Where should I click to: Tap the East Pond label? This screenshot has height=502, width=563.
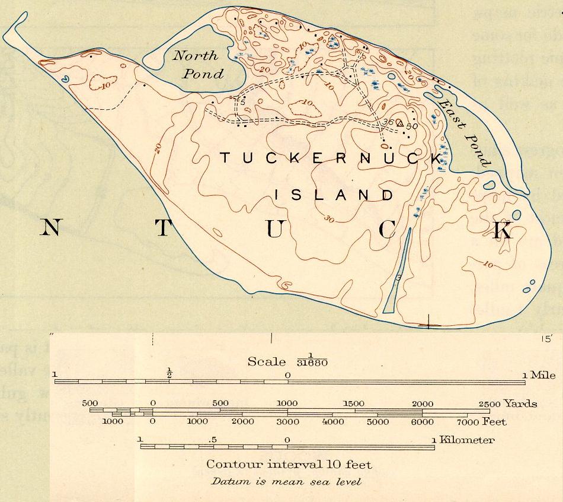point(463,132)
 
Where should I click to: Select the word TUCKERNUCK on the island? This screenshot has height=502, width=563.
point(331,158)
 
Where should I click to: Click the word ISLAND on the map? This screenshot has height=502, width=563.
point(334,195)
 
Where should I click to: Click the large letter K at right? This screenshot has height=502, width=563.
point(503,230)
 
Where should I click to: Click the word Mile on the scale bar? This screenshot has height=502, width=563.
point(543,375)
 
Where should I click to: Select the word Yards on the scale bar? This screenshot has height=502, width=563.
point(520,403)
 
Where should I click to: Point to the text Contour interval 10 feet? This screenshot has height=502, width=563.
point(289,463)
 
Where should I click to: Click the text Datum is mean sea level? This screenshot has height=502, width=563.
point(286,481)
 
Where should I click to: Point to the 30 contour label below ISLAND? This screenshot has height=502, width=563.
point(329,220)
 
